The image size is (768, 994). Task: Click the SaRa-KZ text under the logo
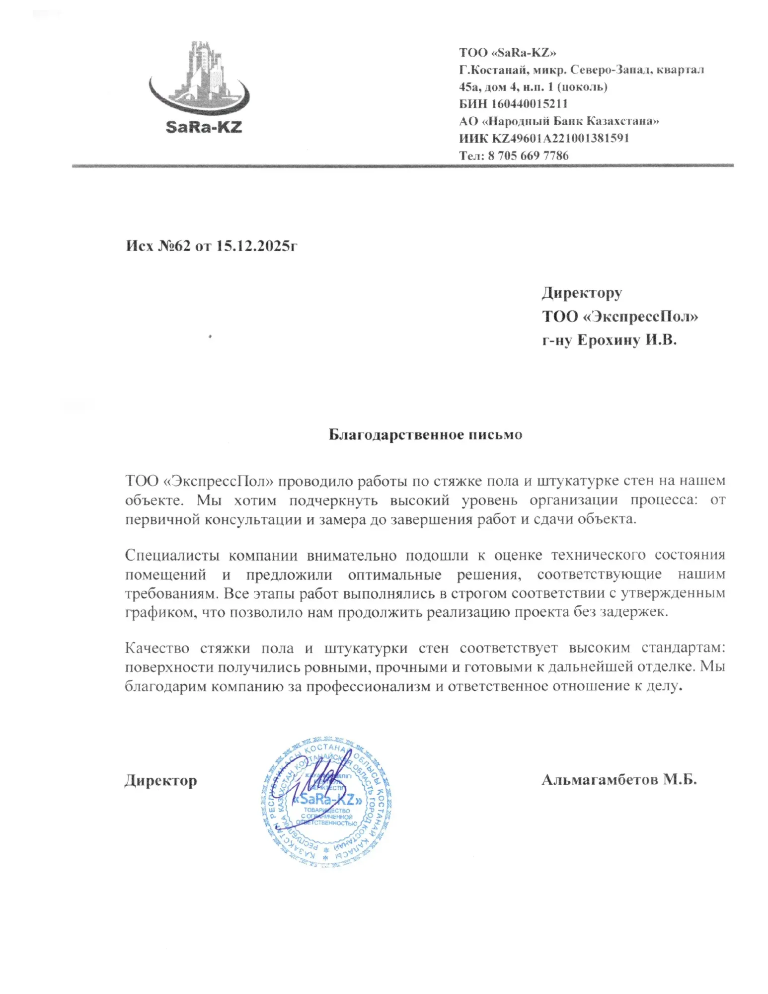coord(204,127)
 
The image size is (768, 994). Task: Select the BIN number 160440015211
coord(529,104)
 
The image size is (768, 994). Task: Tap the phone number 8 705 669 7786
coord(528,156)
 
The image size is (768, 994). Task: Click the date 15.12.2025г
coord(256,246)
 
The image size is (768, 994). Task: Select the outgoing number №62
coord(174,246)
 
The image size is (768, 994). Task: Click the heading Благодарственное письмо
coord(425,435)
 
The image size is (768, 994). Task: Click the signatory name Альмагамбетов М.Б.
coord(619,779)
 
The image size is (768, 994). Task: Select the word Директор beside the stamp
coord(160,781)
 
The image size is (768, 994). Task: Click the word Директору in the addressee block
coord(582,293)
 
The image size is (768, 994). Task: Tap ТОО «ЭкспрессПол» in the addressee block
coord(620,317)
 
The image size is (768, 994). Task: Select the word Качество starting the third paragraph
coord(157,649)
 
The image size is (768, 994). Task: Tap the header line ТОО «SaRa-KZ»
coord(507,53)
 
